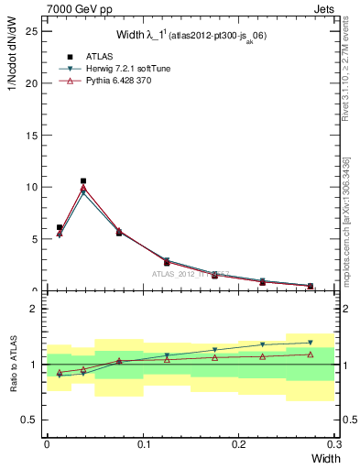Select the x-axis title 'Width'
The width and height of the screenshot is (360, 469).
point(320,457)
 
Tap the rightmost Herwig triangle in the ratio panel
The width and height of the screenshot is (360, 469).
point(311,343)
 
